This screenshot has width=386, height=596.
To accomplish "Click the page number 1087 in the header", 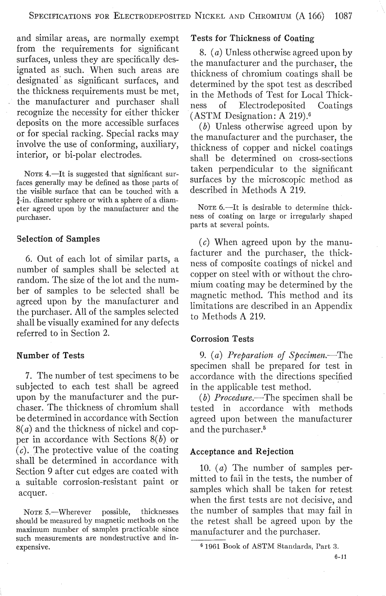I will coord(343,16).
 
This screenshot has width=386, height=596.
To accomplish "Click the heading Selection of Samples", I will coord(58,239).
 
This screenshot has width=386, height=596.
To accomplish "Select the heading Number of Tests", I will coord(50,355).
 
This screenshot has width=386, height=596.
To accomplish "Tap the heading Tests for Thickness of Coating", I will coord(252,39).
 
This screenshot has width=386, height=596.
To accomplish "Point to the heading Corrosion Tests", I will coord(222,339).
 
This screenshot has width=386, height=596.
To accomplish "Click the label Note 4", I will coord(37,174).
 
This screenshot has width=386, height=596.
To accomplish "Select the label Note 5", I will coord(37,512).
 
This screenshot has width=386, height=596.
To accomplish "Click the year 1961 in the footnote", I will coord(213,546).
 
